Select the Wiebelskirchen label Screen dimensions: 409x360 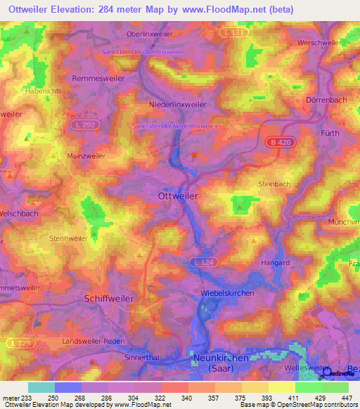[226, 293]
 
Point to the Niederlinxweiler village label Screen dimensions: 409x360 [168, 104]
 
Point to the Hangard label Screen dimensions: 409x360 [275, 263]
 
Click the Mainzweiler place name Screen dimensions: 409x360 [84, 156]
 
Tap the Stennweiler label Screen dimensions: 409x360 [69, 238]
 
